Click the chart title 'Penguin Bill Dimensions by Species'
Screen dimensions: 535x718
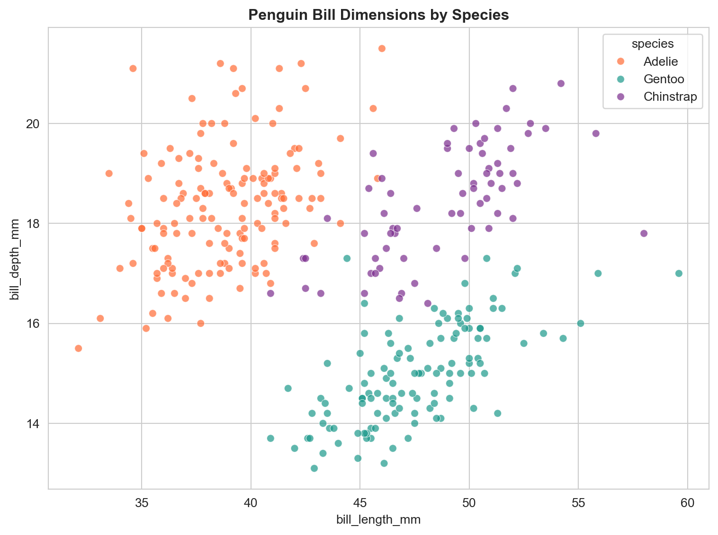[x=378, y=15]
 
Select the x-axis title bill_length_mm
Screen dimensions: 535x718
[x=378, y=520]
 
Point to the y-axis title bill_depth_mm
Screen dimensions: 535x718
[x=15, y=258]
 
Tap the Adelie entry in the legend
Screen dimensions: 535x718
[x=661, y=61]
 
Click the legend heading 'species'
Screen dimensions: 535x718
[x=653, y=44]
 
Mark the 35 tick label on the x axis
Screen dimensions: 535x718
[x=142, y=502]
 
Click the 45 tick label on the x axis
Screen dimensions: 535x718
[x=360, y=502]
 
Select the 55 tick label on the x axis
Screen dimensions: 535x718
[x=578, y=502]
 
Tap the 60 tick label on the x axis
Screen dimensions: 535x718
[x=688, y=502]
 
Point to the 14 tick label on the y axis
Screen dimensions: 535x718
[x=36, y=424]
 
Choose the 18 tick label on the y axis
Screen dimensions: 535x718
[x=36, y=224]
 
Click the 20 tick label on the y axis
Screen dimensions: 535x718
[x=36, y=123]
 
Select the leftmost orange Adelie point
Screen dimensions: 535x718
[x=79, y=349]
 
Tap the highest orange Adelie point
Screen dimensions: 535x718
[x=382, y=48]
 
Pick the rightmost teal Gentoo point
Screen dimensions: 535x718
[x=679, y=273]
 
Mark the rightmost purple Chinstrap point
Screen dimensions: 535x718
[x=644, y=233]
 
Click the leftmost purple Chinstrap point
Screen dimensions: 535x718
[x=270, y=293]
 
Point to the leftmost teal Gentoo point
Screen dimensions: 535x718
[x=270, y=439]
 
